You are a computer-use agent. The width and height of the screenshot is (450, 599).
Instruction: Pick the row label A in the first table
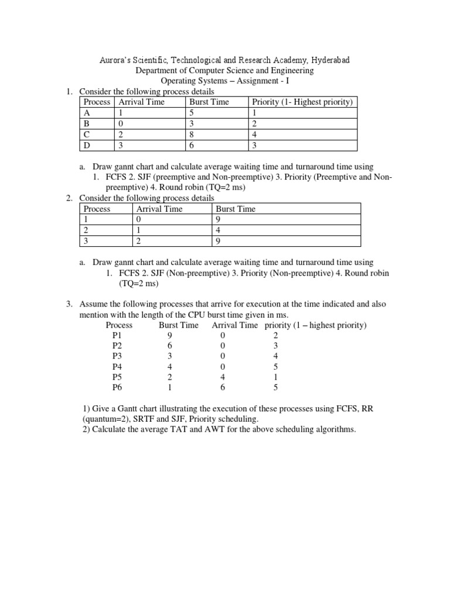87,113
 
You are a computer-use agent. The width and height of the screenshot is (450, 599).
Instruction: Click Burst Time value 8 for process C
192,135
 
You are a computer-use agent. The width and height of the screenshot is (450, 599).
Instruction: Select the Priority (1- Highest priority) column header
302,102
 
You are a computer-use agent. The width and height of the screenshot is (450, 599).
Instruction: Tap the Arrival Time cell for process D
121,145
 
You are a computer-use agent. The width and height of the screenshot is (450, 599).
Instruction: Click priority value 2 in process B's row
254,124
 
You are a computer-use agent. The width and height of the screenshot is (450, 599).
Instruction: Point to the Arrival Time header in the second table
159,209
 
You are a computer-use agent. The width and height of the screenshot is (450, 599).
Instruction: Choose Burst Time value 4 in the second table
218,230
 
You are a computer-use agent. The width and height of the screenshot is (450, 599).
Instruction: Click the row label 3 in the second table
86,241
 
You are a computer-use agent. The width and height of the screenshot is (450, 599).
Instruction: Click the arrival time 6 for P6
223,387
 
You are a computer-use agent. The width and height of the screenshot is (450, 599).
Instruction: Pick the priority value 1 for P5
275,377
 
